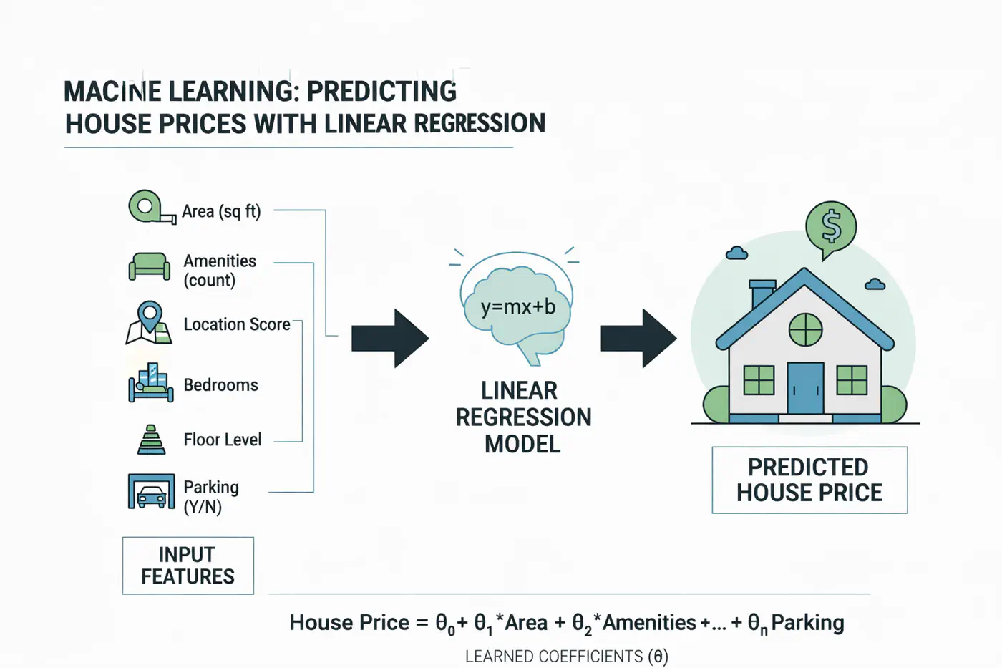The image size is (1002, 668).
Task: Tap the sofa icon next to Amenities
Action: point(150,266)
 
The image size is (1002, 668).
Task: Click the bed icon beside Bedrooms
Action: point(151,384)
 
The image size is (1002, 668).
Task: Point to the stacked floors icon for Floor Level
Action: point(151,440)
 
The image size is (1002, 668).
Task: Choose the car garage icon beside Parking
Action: point(151,492)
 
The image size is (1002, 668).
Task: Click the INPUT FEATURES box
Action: point(188,566)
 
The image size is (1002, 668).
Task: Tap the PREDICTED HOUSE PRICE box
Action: point(809,480)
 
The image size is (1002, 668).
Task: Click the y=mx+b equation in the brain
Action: point(518,307)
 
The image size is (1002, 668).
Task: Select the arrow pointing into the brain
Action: point(390,339)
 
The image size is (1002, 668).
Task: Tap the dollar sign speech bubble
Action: point(831,227)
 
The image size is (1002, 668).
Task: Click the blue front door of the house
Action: point(805,388)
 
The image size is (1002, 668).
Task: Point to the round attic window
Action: point(805,329)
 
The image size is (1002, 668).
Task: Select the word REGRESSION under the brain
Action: point(523,417)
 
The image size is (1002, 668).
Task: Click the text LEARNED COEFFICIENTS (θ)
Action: point(566,657)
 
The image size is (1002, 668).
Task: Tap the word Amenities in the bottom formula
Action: point(648,623)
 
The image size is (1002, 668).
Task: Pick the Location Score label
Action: point(237,324)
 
